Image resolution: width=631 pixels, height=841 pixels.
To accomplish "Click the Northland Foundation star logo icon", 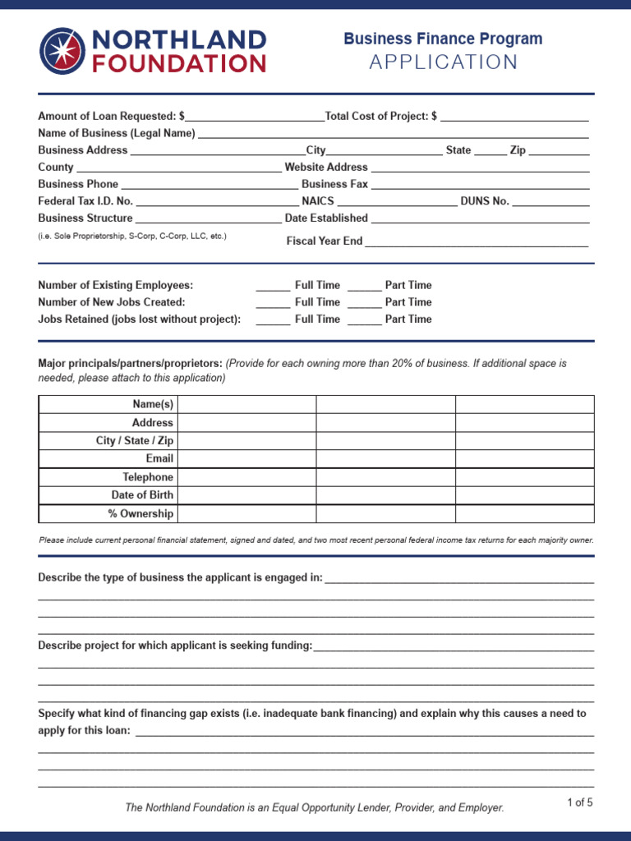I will (63, 50).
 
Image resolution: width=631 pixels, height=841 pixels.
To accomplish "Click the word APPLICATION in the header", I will (444, 62).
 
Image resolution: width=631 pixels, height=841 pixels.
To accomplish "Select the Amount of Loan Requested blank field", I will (255, 117).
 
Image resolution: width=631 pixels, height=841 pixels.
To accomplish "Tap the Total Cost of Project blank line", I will (514, 117).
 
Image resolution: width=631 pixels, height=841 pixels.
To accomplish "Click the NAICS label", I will (318, 201).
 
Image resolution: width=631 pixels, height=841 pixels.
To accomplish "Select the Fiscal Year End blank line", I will (477, 241).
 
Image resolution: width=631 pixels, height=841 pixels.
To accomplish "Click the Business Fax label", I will (334, 184).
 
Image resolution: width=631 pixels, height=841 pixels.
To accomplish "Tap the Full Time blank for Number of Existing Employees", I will (273, 286).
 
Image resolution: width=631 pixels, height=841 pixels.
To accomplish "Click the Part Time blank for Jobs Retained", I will (364, 319).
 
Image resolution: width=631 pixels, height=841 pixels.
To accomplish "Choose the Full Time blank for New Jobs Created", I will (273, 302).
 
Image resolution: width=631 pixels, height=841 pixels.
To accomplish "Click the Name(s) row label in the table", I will (153, 404).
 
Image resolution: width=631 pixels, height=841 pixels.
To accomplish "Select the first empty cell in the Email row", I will (246, 458).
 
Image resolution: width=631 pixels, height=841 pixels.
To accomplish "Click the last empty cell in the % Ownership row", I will (524, 513).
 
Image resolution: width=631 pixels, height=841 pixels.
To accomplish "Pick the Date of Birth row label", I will (142, 495).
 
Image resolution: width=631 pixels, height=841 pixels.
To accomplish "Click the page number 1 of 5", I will (579, 803).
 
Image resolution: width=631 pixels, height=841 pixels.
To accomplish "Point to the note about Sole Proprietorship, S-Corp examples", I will (132, 237).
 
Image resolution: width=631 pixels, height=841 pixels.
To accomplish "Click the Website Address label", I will (326, 168).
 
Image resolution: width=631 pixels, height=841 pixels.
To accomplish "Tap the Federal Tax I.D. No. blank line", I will (217, 201).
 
